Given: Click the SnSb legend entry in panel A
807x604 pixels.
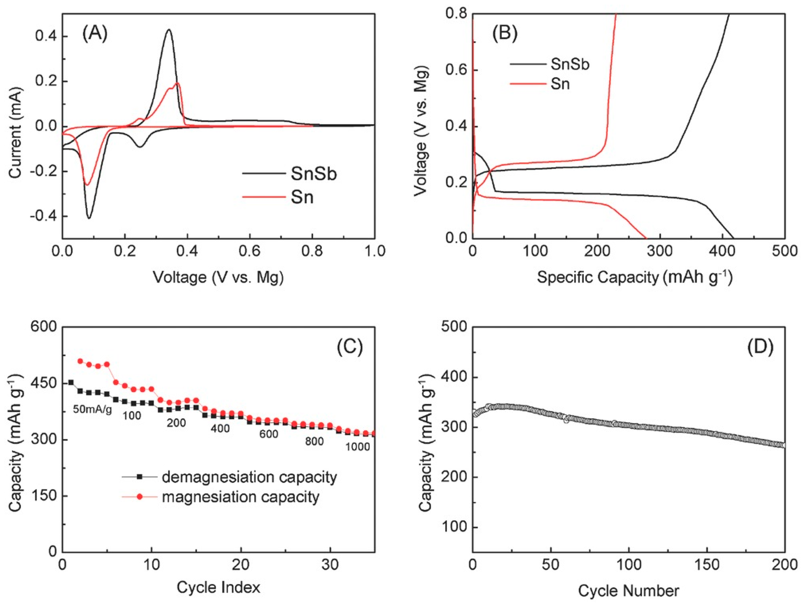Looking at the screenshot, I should pos(313,174).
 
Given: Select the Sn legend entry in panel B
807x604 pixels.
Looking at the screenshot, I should pos(560,84).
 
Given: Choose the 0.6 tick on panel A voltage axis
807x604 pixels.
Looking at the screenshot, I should pos(250,251).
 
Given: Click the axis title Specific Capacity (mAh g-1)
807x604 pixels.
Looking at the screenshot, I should pos(635,278).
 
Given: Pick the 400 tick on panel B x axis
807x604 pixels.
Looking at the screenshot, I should pos(722,251).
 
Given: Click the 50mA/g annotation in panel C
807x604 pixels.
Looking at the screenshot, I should pos(92,409).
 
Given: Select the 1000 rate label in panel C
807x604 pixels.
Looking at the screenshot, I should pos(357,447).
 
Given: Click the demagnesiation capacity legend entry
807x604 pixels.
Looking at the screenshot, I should pos(249,477).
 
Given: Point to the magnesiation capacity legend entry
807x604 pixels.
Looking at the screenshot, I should pos(240,497).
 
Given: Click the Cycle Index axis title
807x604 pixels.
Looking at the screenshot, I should pos(219,587).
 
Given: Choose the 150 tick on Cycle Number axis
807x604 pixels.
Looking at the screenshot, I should pos(707,565).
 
